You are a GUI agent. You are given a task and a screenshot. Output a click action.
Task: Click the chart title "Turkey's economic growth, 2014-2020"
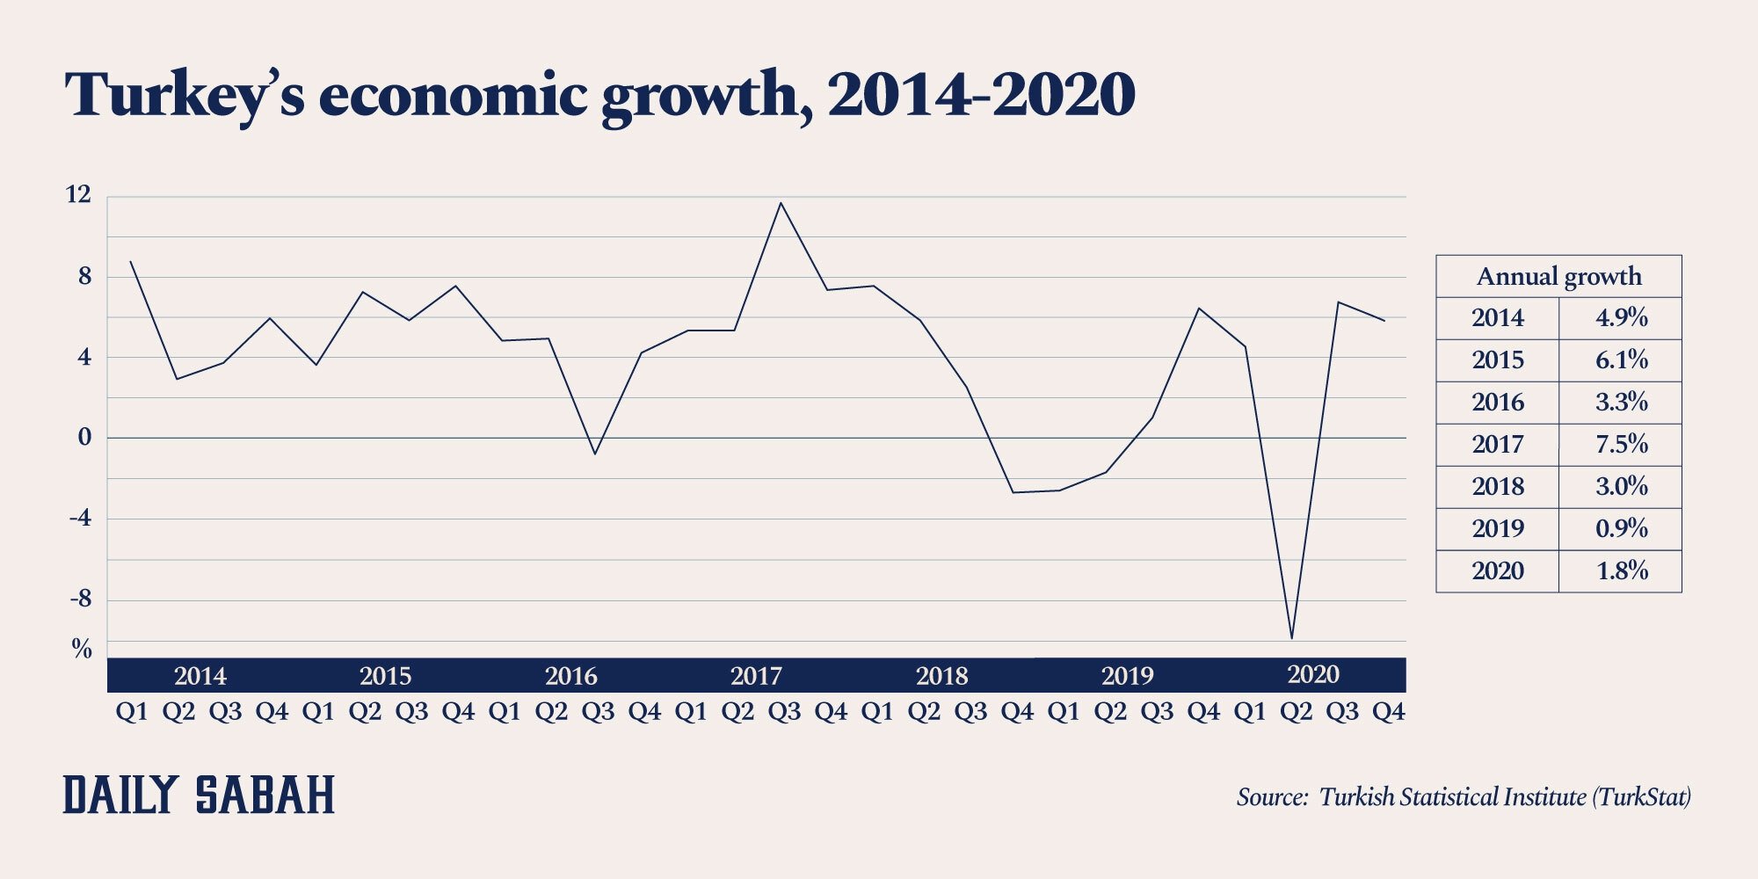click(x=599, y=95)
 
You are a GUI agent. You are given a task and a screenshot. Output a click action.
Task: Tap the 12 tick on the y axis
click(x=78, y=195)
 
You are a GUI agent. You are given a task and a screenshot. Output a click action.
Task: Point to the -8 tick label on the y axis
click(x=80, y=599)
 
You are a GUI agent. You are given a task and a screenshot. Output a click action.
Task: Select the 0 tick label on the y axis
click(x=84, y=437)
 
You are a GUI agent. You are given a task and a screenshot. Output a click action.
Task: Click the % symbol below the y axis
click(x=82, y=650)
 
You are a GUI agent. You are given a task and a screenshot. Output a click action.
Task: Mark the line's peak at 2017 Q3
click(x=781, y=204)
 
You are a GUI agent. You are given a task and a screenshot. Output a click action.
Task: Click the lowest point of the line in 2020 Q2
click(x=1291, y=637)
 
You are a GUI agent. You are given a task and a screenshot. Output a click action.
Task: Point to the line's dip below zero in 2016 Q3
click(x=595, y=454)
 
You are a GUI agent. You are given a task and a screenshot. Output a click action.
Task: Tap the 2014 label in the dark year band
click(x=200, y=676)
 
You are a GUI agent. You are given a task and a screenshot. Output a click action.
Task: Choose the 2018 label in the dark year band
click(x=941, y=676)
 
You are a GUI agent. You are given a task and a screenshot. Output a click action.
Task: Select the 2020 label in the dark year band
click(x=1313, y=674)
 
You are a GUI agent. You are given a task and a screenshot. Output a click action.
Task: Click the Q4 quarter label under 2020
click(x=1389, y=711)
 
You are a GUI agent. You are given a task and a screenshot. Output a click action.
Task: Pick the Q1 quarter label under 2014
click(x=132, y=711)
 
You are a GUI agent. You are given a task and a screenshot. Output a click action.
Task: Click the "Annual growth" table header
click(x=1558, y=277)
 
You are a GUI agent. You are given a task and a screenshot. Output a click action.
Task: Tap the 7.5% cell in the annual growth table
click(x=1621, y=445)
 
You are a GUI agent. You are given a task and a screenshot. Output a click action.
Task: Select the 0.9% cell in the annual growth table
click(x=1621, y=529)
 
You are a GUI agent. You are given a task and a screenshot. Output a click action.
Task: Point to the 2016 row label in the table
click(x=1498, y=403)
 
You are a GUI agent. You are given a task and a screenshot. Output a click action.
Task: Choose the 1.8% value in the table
click(x=1621, y=571)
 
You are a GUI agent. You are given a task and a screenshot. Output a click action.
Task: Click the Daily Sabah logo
click(x=199, y=795)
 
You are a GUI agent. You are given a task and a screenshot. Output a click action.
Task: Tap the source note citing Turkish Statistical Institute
click(x=1463, y=797)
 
